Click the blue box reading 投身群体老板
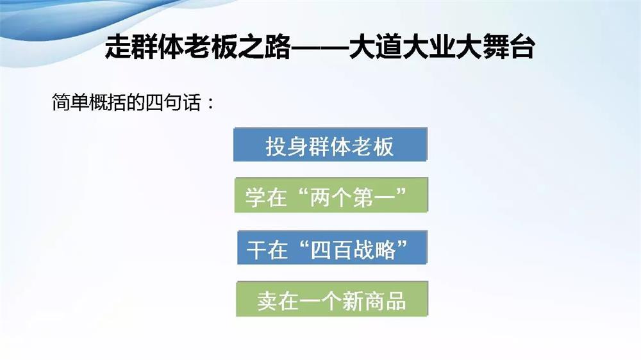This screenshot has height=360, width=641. [330, 145]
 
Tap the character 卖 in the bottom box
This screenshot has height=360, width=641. [267, 300]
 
